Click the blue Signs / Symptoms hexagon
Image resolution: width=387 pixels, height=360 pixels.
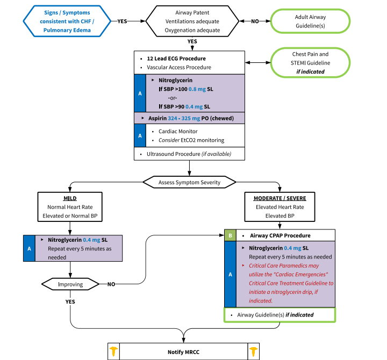click(x=67, y=21)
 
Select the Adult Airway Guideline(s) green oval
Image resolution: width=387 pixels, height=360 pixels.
click(x=310, y=21)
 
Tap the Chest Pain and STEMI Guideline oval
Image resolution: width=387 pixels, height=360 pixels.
click(x=310, y=63)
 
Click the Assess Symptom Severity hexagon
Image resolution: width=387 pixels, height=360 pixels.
click(x=189, y=182)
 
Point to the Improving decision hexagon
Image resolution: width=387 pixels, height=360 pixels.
click(x=70, y=284)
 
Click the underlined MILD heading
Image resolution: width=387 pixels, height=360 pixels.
click(x=70, y=198)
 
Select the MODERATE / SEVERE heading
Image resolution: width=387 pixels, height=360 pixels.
click(x=280, y=198)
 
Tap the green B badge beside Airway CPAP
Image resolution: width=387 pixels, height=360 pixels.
click(x=230, y=235)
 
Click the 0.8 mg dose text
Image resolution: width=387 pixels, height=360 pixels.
click(x=197, y=89)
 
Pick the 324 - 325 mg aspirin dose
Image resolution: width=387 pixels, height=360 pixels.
click(x=184, y=118)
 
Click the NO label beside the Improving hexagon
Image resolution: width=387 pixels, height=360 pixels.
click(x=111, y=284)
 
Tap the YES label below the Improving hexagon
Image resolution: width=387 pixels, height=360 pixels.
click(x=70, y=301)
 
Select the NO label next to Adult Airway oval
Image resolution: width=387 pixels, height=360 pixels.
click(x=255, y=21)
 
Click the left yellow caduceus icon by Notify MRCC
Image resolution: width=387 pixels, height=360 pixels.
click(x=113, y=351)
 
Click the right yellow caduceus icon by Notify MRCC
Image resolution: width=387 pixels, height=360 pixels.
click(x=254, y=351)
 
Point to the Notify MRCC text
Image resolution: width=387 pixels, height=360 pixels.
click(x=183, y=352)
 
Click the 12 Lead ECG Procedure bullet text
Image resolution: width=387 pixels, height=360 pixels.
click(x=176, y=59)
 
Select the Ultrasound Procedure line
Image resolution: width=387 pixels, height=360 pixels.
click(x=189, y=154)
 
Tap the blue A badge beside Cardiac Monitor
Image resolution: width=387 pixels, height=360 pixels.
click(x=140, y=135)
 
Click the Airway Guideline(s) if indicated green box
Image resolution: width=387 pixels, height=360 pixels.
click(x=279, y=315)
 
